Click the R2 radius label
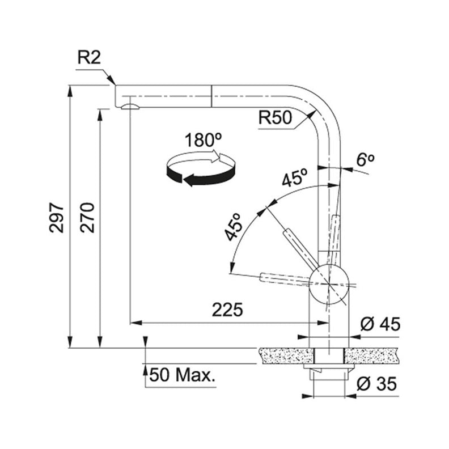89,58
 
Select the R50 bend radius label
275,117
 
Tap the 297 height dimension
57,218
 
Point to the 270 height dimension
87,218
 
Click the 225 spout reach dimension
227,310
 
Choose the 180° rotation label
204,140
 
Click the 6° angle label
366,160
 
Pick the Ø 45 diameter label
380,324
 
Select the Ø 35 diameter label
377,384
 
